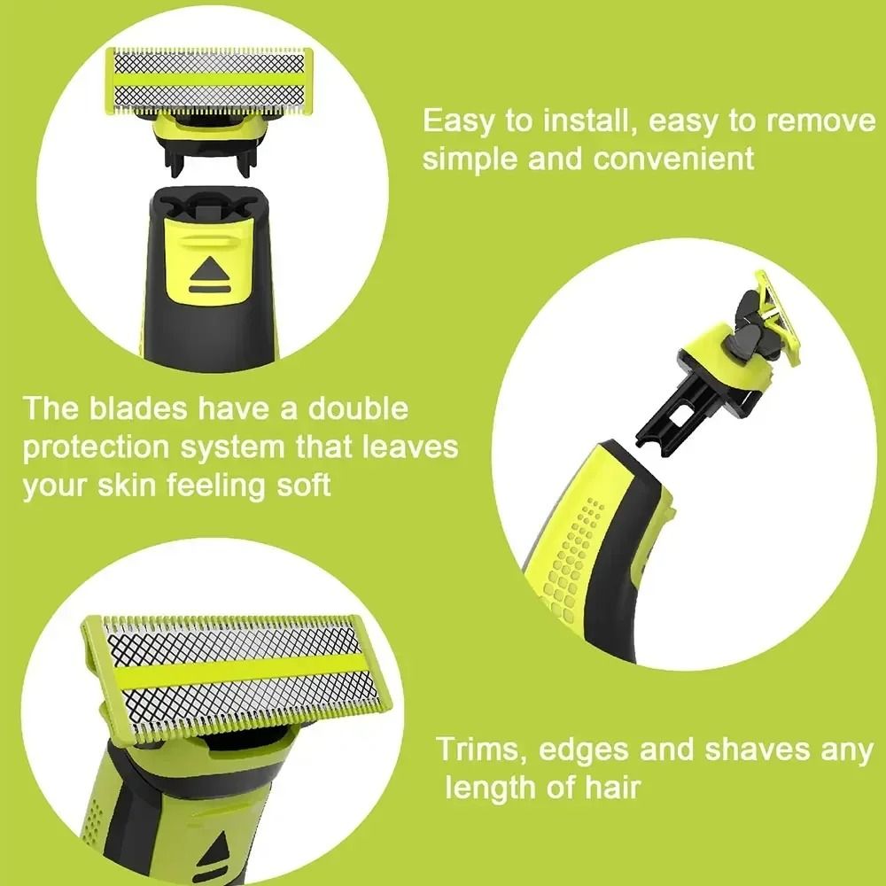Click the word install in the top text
pyautogui.click(x=584, y=120)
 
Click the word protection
pyautogui.click(x=97, y=447)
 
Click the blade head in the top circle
pyautogui.click(x=209, y=82)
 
